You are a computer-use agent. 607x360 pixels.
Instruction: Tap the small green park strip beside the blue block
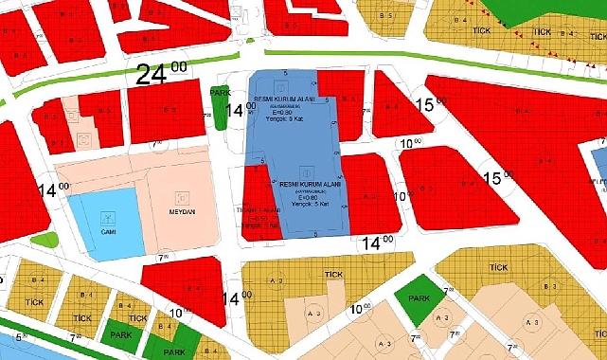(x=220, y=107)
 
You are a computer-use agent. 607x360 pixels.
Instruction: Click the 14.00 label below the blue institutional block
(x=376, y=243)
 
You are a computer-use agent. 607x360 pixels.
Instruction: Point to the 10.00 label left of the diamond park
(x=360, y=309)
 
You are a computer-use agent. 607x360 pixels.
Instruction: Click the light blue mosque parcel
(x=102, y=225)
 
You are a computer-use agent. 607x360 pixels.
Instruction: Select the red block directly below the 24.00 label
(x=167, y=112)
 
